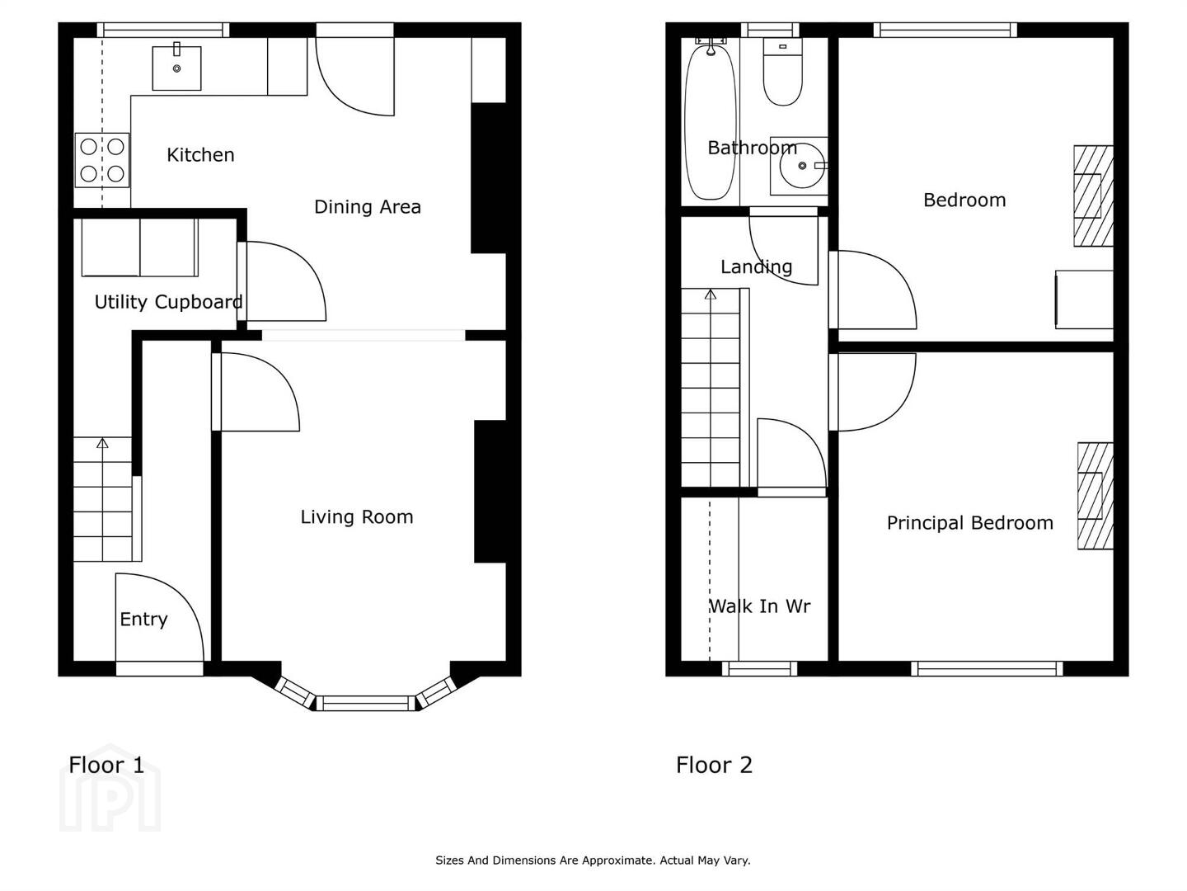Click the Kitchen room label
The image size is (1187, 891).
coord(200,155)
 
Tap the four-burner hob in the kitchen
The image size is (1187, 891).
coord(102,160)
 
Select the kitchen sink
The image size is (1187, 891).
coord(177,68)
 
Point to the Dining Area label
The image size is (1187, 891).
coord(367,206)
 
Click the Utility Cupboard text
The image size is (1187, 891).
coord(168,302)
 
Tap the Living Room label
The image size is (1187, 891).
coord(357,517)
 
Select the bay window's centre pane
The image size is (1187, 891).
coord(365,703)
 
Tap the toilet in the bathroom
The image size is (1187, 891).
coord(782,72)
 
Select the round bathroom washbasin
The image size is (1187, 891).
coord(803,166)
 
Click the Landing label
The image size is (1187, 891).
coord(756,266)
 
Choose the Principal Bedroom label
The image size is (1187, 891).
coord(970,523)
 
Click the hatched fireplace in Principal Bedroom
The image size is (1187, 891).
coord(1095,496)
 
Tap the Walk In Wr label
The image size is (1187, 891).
coord(759,606)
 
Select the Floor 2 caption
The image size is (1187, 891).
coord(714,765)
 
